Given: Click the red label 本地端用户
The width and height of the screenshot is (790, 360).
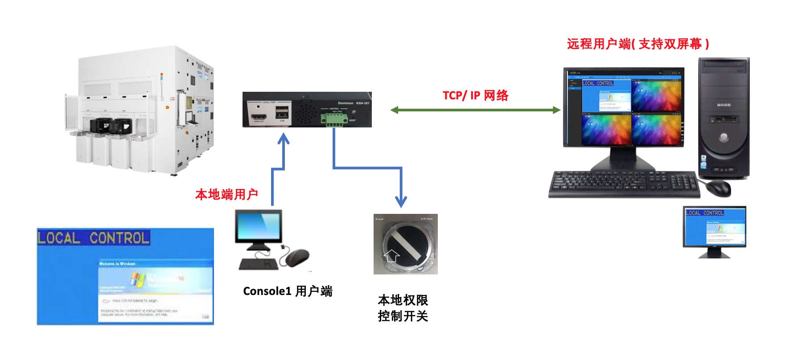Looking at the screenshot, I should (226, 194).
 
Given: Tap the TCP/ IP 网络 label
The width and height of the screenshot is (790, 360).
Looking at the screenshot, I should (475, 95).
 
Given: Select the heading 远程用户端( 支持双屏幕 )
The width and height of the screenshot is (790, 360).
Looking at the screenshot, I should (638, 44).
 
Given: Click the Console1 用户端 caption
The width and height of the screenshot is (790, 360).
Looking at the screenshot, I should (288, 291).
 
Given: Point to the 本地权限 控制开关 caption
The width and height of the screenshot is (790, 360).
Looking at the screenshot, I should (403, 308).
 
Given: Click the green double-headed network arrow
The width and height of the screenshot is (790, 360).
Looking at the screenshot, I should (475, 110).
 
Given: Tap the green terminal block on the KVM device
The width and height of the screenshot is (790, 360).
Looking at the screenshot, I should (334, 119).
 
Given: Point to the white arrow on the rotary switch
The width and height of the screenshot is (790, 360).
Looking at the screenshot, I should (391, 255).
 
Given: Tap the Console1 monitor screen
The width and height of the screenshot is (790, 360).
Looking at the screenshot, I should (259, 226).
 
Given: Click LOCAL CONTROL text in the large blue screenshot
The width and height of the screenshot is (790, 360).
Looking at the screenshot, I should (93, 238).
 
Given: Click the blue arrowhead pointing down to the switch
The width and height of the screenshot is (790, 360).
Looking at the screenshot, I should (401, 201).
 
